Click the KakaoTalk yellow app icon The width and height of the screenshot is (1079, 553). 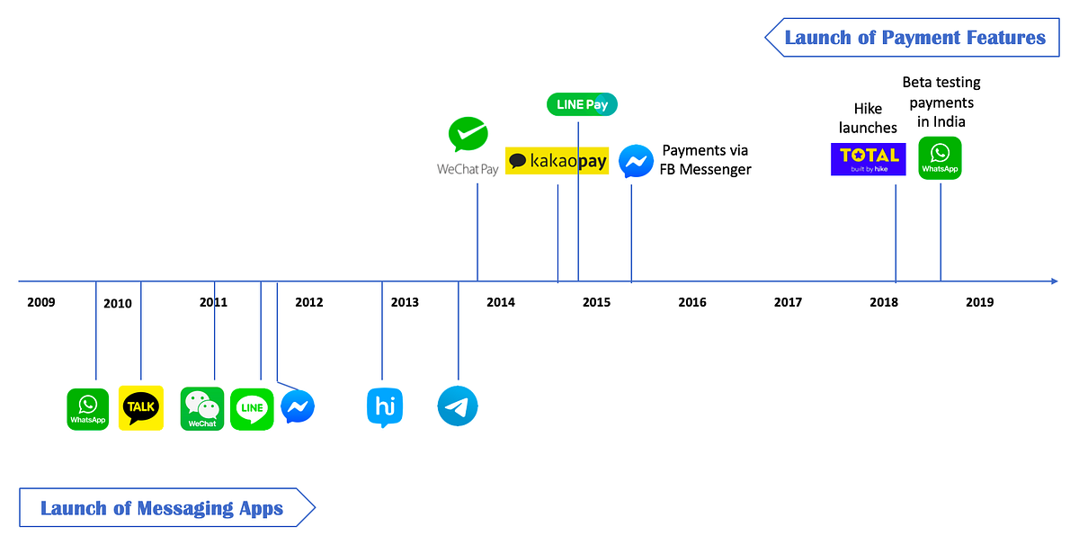pos(141,408)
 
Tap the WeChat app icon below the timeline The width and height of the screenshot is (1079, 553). pos(202,408)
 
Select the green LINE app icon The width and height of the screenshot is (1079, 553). pos(252,409)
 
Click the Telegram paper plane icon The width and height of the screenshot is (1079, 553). pos(458,406)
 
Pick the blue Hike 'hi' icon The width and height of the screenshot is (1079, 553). pos(385,407)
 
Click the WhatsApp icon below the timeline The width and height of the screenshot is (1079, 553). pos(88,409)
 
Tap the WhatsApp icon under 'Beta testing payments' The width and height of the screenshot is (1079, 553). pos(940,158)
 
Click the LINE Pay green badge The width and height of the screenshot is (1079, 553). pos(582,104)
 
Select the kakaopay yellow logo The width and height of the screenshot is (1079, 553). pos(557,161)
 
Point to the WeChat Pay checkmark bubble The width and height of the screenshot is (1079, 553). pos(468,134)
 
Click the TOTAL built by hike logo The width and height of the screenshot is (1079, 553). pos(868,159)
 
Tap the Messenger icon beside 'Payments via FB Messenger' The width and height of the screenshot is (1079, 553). pos(636,161)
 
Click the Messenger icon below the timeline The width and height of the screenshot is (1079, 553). pos(298,406)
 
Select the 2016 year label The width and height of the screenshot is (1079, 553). pos(692,302)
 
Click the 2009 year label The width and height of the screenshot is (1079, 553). pos(41,302)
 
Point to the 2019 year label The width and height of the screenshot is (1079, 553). pos(980,302)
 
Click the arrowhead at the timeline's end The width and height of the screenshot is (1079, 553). pos(1055,281)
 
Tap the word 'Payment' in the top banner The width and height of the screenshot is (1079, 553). pos(921,38)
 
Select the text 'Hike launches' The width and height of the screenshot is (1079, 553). pos(868,118)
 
